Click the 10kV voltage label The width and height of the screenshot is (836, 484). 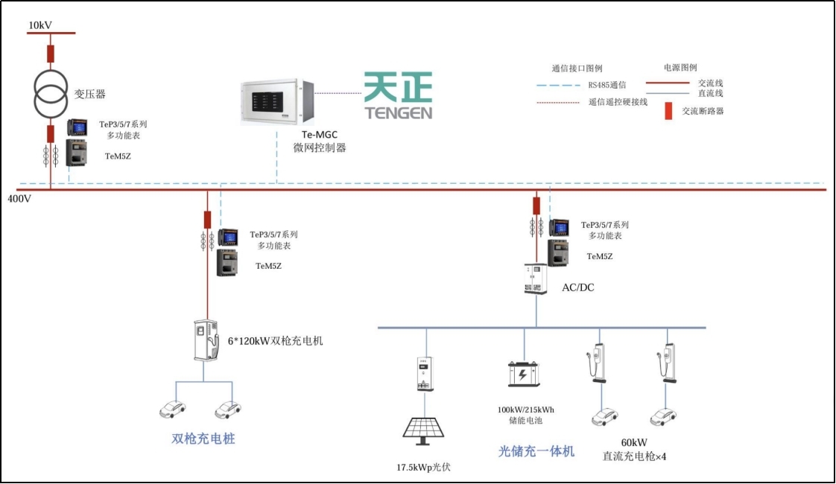40,25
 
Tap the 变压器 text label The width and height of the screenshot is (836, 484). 89,95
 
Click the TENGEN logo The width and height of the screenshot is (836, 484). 398,96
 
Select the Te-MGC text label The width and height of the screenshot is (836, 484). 319,135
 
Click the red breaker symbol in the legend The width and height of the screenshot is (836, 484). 668,111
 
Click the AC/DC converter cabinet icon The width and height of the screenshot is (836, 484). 536,279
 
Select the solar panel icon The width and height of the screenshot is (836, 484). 425,431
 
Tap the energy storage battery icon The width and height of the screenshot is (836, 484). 524,374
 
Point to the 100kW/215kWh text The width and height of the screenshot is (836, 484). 526,410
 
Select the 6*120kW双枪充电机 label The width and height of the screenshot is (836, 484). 275,341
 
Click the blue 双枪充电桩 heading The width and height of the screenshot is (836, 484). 203,439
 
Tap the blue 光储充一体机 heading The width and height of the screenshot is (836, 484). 536,451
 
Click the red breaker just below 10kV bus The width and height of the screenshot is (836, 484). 51,54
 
